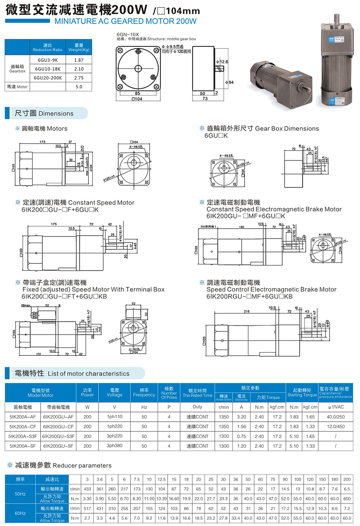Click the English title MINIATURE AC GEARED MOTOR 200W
[125, 21]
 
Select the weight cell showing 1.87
[79, 60]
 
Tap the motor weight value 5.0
[79, 87]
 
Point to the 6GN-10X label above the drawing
[128, 34]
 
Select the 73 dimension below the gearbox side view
[205, 99]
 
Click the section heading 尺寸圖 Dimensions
[44, 113]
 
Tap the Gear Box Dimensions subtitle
[262, 128]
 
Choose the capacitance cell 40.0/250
[336, 417]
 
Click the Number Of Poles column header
[169, 393]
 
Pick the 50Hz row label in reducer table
[20, 494]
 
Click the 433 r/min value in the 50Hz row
[87, 489]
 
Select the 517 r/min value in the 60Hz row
[87, 508]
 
